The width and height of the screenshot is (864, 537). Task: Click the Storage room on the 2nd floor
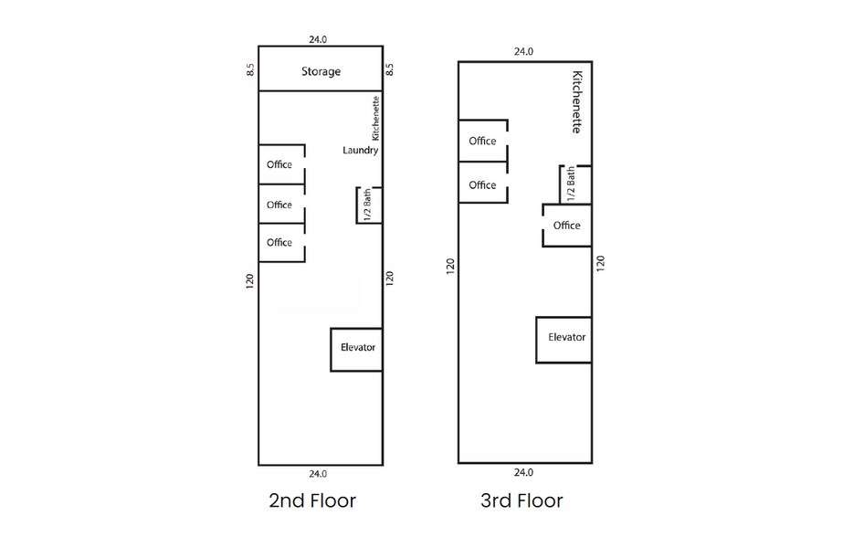[321, 70]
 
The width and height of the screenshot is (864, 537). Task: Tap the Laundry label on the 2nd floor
[360, 150]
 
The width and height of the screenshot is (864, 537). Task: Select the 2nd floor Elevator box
[357, 349]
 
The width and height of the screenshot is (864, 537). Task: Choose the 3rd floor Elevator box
[565, 338]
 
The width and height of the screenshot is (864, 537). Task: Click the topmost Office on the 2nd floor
[279, 164]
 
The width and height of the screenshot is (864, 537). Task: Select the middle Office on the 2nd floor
[279, 205]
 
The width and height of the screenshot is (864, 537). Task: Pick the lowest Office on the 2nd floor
[279, 242]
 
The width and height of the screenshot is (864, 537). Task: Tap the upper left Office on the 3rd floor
[482, 141]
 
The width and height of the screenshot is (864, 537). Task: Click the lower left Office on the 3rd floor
[482, 184]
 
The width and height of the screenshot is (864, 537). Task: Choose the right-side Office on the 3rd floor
[566, 226]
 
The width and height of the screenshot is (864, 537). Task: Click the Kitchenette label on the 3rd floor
[576, 102]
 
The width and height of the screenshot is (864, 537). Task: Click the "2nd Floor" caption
[312, 500]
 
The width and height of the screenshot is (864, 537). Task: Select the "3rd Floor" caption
[522, 500]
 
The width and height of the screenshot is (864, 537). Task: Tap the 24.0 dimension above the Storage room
[318, 39]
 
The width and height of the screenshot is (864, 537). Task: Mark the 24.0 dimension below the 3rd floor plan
[522, 473]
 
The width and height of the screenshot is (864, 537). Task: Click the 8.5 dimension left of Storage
[250, 69]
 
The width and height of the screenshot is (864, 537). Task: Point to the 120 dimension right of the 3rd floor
[600, 264]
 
